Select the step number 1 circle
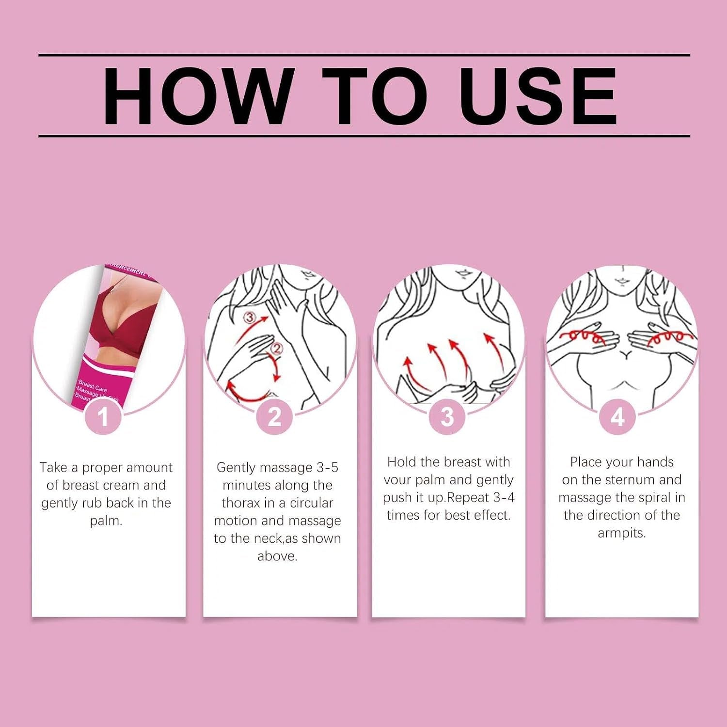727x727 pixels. tap(103, 417)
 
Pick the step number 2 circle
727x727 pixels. tap(274, 417)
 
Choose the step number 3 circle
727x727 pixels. tap(447, 417)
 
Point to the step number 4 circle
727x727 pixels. tap(617, 417)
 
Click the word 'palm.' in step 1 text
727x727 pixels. tap(106, 522)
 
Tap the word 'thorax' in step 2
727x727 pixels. tap(241, 503)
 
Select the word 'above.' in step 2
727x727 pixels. tap(277, 556)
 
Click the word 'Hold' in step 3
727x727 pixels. tap(402, 462)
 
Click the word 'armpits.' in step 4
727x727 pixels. tap(622, 533)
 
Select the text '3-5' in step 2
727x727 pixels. tap(327, 468)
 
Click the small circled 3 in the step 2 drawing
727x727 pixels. tap(249, 318)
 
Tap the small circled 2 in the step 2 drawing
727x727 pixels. tap(277, 348)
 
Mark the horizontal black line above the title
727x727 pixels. tap(364, 55)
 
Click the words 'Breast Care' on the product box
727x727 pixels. tap(93, 389)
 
